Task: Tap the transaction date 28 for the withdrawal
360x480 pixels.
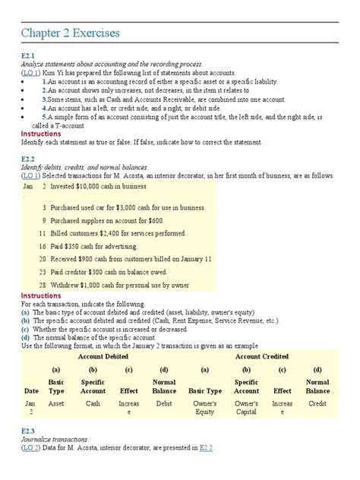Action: click(x=43, y=285)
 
